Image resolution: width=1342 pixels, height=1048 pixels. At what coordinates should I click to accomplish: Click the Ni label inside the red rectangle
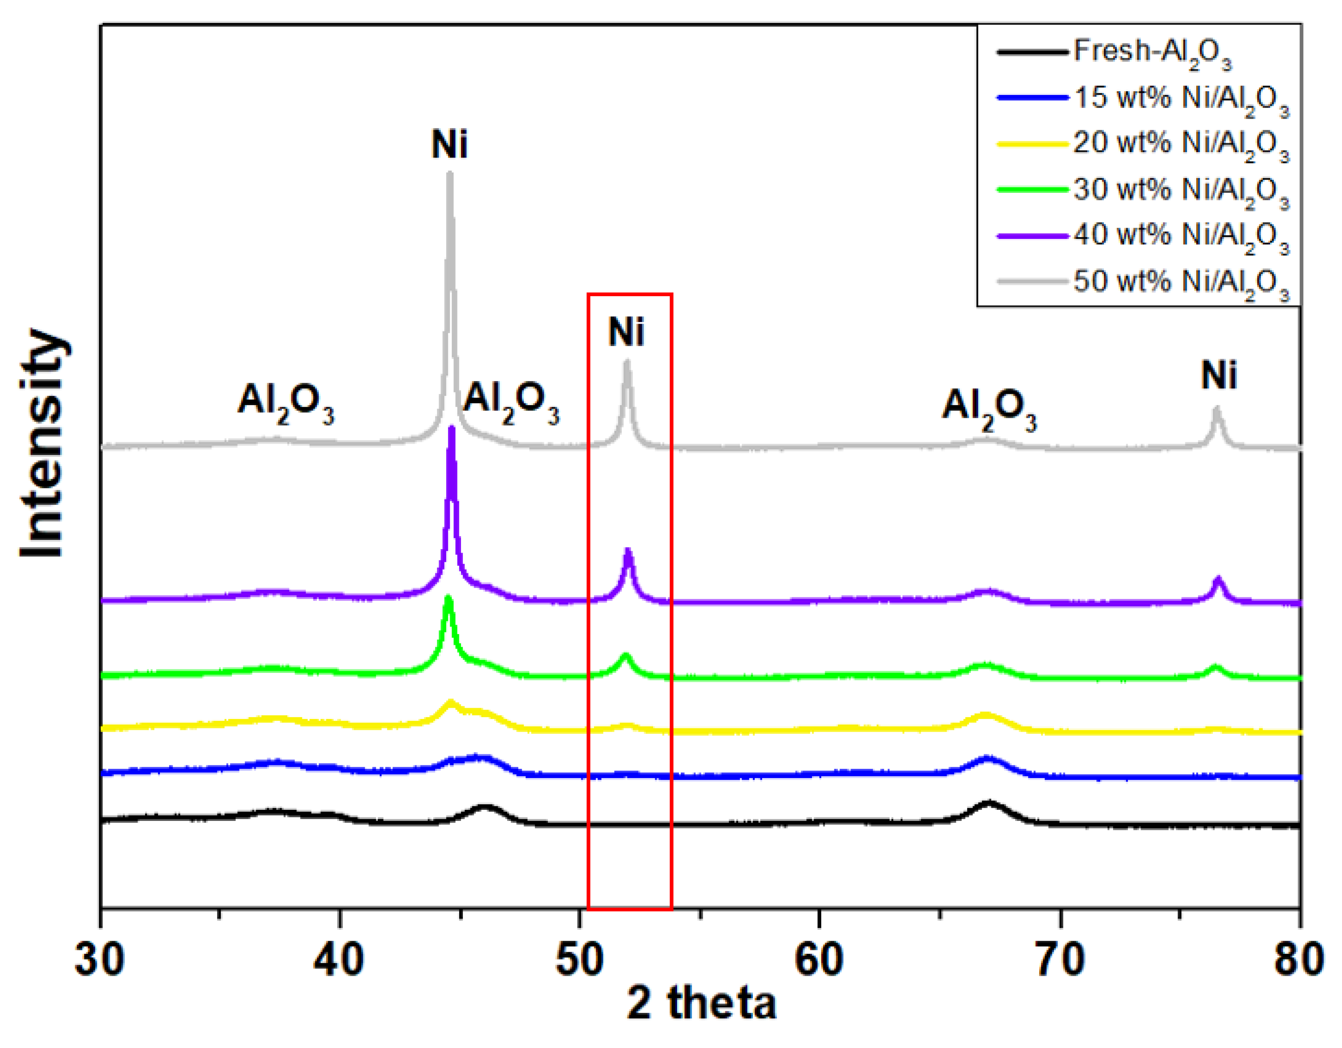coord(626,332)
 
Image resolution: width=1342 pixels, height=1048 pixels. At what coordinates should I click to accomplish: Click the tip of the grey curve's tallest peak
coord(450,174)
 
